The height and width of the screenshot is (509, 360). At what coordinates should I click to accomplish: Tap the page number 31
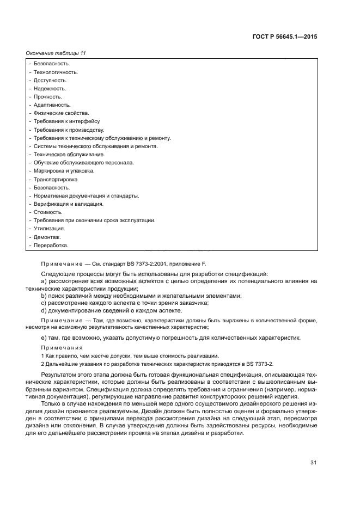tap(314, 463)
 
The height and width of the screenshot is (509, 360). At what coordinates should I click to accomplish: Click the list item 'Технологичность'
tap(56, 72)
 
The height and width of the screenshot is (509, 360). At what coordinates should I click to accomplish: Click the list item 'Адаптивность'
tap(52, 105)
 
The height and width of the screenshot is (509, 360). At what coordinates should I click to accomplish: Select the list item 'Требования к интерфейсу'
tap(67, 121)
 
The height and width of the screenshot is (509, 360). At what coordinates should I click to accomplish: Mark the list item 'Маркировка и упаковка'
tap(64, 170)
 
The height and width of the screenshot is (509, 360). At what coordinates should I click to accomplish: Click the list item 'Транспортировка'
tap(56, 179)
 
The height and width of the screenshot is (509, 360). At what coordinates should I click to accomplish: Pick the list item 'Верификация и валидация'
tap(68, 204)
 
